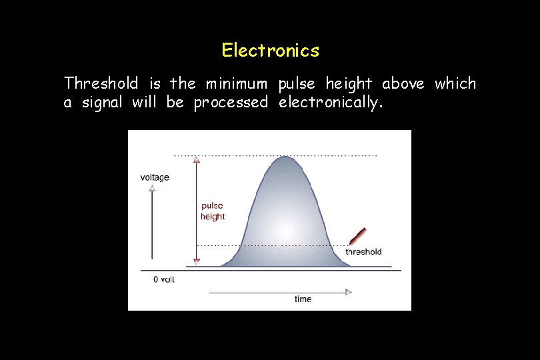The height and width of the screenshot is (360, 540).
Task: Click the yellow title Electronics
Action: coord(270,50)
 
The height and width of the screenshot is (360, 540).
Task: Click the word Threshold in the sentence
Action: coord(101,83)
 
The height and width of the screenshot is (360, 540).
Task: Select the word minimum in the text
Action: coord(237,83)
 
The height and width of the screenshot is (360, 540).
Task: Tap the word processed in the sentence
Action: coord(231,103)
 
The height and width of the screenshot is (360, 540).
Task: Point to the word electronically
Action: coord(330,103)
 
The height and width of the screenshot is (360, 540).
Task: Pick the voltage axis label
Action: coord(155,177)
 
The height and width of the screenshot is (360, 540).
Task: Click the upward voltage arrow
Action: coord(152,220)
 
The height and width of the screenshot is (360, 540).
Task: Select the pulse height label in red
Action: coord(213,211)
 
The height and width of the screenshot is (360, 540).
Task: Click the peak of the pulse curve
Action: coord(285,157)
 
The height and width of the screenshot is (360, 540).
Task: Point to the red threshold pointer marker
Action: coord(358,236)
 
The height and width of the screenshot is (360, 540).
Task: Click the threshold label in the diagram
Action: coord(363,252)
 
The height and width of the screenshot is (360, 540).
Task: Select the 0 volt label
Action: coord(164,279)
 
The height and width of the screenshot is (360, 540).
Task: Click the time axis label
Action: coord(303,299)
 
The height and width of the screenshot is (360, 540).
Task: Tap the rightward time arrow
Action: coord(280,291)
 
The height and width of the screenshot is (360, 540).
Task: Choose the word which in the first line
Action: coord(455,83)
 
